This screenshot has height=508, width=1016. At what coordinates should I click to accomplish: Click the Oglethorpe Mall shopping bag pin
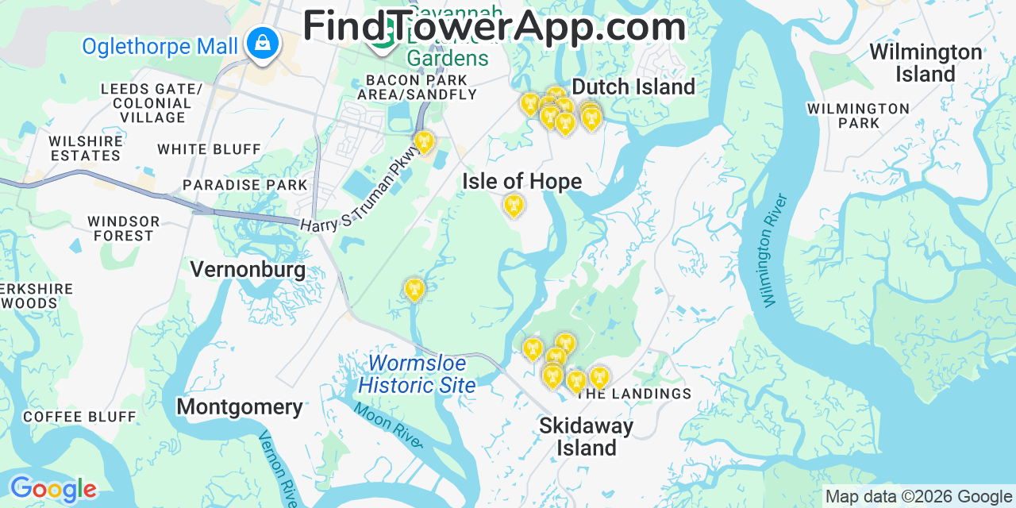coord(262,42)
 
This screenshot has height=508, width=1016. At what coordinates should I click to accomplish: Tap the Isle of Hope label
coord(521,182)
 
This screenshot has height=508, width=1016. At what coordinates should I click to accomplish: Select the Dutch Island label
coord(633,87)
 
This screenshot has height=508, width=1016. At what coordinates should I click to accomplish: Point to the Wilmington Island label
coord(926,63)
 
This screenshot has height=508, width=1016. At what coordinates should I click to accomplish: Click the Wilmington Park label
coord(858,116)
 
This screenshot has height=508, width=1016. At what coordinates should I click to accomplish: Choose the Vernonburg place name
coord(248,270)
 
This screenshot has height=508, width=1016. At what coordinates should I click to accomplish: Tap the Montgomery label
coord(239,407)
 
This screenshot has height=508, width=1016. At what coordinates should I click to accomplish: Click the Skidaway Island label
coord(586,437)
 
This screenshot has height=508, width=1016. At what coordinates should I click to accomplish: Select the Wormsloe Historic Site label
coord(417,375)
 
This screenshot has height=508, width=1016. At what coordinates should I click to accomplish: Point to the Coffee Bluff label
coord(79,417)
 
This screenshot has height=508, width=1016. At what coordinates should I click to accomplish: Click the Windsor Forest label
coord(123,229)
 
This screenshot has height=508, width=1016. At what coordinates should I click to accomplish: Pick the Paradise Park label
coord(244,185)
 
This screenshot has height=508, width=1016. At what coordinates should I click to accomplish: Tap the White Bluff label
coord(209,149)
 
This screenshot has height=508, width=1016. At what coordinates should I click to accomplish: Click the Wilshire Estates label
coord(86,148)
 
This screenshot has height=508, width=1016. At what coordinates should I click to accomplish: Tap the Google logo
coord(52,490)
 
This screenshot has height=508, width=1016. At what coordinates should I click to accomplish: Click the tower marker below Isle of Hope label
coord(514,206)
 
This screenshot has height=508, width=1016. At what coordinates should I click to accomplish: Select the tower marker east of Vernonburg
coord(414,290)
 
